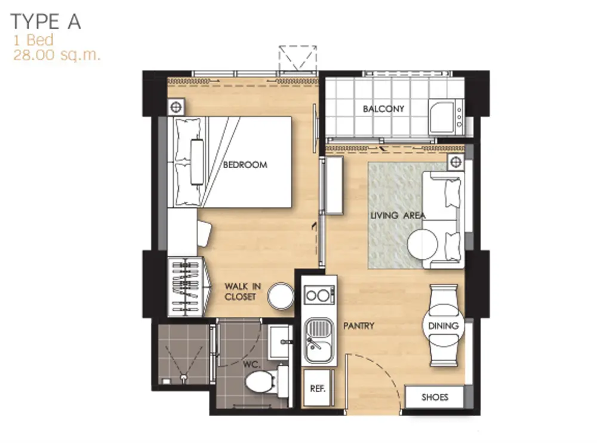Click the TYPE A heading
point(46,22)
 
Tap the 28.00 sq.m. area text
point(57,55)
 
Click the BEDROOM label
point(245,164)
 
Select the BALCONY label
point(383,109)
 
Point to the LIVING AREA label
point(398,215)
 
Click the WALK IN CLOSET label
point(242,291)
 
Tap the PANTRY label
point(359,326)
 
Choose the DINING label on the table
point(443,326)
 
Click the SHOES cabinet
point(434,397)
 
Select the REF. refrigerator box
point(318,388)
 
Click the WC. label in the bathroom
point(252,365)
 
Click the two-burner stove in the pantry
point(319,295)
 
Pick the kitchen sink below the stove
point(319,340)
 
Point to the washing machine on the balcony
point(446,117)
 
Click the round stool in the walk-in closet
point(281,296)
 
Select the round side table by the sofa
point(423,244)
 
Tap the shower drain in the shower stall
point(184,377)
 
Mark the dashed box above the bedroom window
point(298,59)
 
